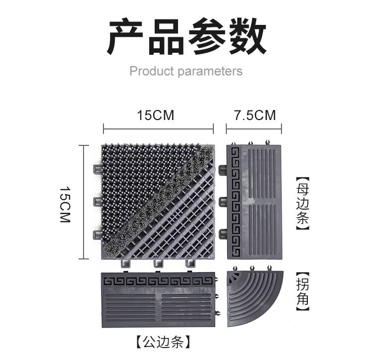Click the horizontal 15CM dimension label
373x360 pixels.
click(x=156, y=116)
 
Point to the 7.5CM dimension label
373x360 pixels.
click(x=255, y=116)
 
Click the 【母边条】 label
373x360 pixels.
click(x=302, y=204)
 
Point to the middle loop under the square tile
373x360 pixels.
click(x=159, y=263)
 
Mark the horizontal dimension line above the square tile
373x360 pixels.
click(x=158, y=130)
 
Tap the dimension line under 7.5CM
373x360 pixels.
click(x=255, y=130)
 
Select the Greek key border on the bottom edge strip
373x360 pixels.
click(x=159, y=281)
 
